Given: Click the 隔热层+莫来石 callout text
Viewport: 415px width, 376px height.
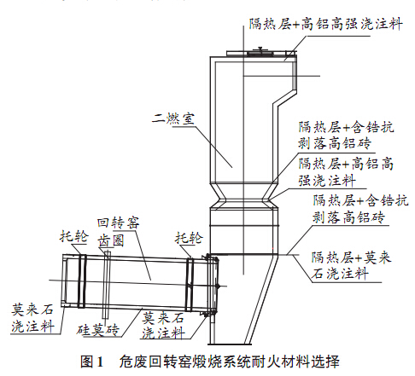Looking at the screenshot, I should pyautogui.click(x=348, y=257).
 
